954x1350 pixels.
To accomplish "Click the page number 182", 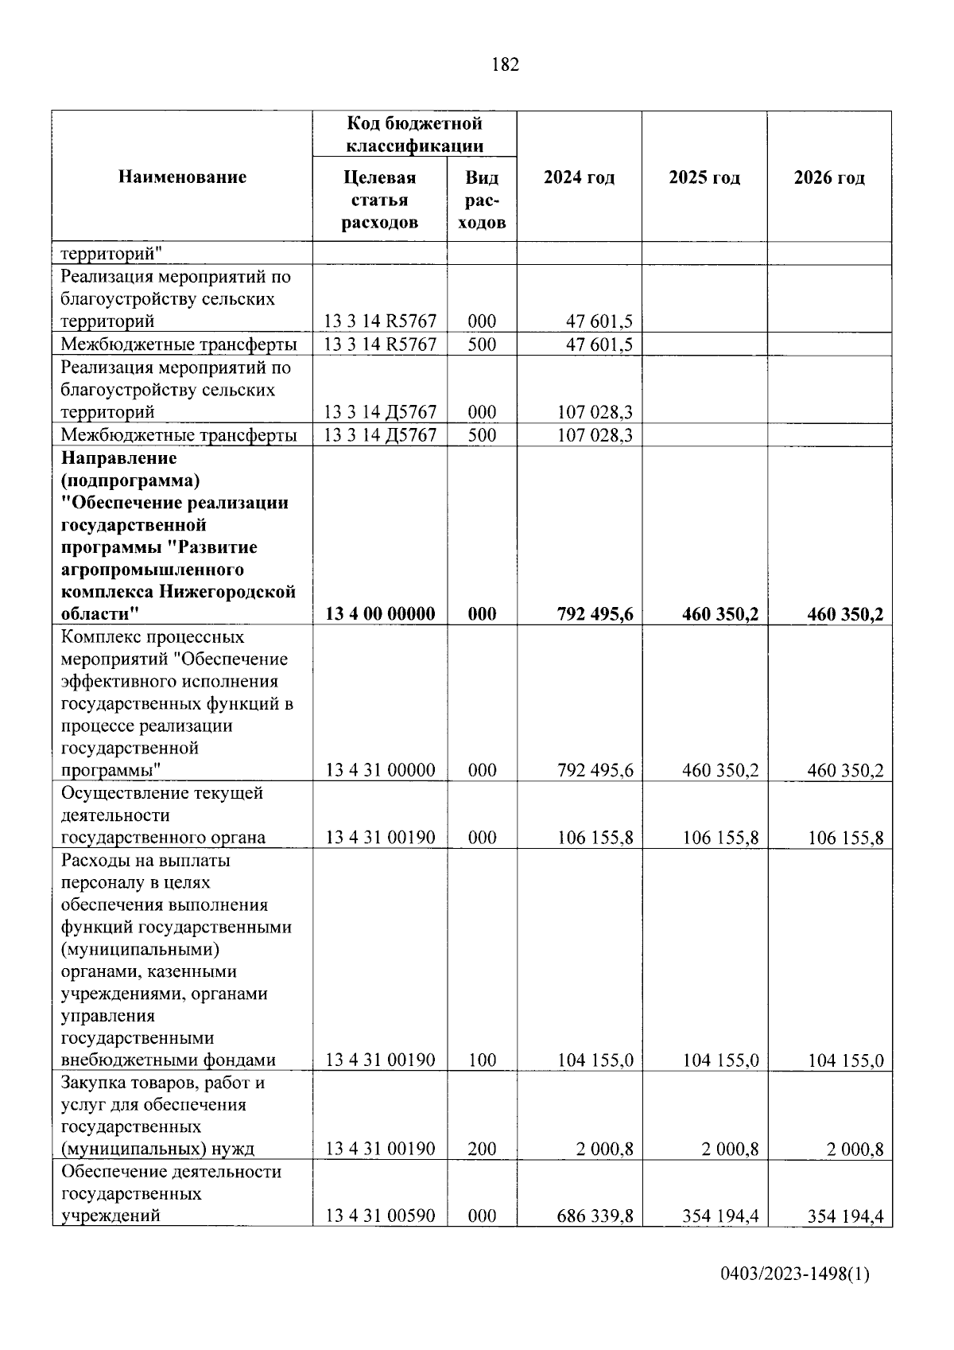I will coord(506,65).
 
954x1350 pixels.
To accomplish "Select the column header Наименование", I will coord(182,177).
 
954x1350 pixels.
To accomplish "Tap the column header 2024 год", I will coord(579,177).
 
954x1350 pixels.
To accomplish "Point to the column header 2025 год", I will coord(704,177).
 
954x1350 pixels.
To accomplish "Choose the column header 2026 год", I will coord(829,177).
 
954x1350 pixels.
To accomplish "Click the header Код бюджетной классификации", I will coord(414,134).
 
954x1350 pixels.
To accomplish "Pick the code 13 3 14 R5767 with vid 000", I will coord(381,321).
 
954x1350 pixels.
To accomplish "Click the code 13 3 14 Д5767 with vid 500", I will coord(381,435).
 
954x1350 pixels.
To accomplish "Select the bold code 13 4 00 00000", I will coord(381,613).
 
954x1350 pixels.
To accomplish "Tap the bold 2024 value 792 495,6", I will coord(595,613).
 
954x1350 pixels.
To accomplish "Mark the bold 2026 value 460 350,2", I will coord(845,613).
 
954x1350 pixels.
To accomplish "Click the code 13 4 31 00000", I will coord(381,770).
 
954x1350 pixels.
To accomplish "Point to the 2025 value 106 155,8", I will coord(720,838).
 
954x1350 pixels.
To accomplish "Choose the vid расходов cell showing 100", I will coord(482,1060).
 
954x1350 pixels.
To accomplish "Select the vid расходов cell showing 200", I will coord(482,1149).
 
